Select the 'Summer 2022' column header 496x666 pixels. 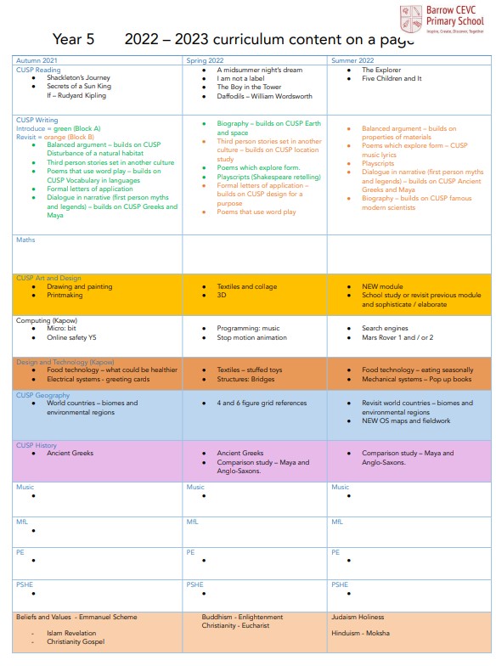click(352, 61)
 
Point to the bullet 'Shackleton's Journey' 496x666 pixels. click(79, 78)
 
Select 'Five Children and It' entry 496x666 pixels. click(392, 78)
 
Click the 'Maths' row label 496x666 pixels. click(25, 240)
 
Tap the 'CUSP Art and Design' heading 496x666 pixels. click(48, 278)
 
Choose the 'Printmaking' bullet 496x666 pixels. click(68, 296)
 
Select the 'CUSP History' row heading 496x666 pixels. click(37, 445)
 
